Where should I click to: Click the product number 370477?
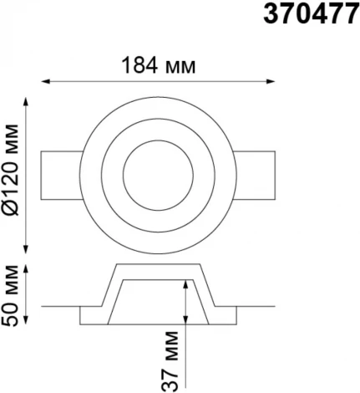point(312,14)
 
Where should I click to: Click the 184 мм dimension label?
point(159,66)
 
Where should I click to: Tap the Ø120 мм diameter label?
point(11,171)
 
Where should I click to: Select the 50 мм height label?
point(11,296)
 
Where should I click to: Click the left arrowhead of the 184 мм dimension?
point(46,81)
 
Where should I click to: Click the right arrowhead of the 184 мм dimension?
point(271,81)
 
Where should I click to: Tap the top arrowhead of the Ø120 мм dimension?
point(26,102)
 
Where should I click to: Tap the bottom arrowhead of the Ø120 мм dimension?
point(26,249)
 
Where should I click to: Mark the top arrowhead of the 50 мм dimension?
point(26,269)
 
